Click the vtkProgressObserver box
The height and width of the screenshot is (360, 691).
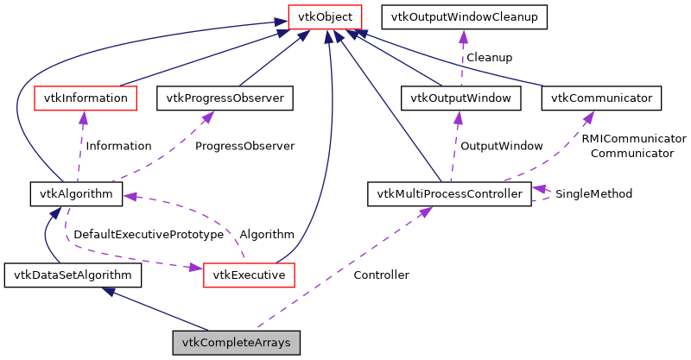tap(225, 98)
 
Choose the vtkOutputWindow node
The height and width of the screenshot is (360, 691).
tap(462, 98)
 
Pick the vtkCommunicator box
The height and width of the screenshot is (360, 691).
tap(602, 98)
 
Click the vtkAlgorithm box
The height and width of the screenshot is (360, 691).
tap(76, 193)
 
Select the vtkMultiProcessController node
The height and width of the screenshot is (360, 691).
tap(448, 193)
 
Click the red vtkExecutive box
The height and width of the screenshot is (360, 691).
tap(249, 275)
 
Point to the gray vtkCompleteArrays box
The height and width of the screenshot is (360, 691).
tap(237, 343)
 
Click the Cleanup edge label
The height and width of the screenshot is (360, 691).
tap(489, 57)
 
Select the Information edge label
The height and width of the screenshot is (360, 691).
tap(118, 146)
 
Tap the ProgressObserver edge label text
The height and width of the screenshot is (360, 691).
tap(244, 146)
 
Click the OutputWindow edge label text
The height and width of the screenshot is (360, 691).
tap(501, 146)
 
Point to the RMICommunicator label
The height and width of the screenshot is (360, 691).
tap(633, 138)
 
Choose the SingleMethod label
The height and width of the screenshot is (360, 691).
tap(593, 193)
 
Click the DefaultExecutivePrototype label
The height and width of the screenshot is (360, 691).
tap(149, 234)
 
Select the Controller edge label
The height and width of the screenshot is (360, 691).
tap(381, 275)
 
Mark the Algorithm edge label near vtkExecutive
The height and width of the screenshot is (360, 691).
tap(267, 234)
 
